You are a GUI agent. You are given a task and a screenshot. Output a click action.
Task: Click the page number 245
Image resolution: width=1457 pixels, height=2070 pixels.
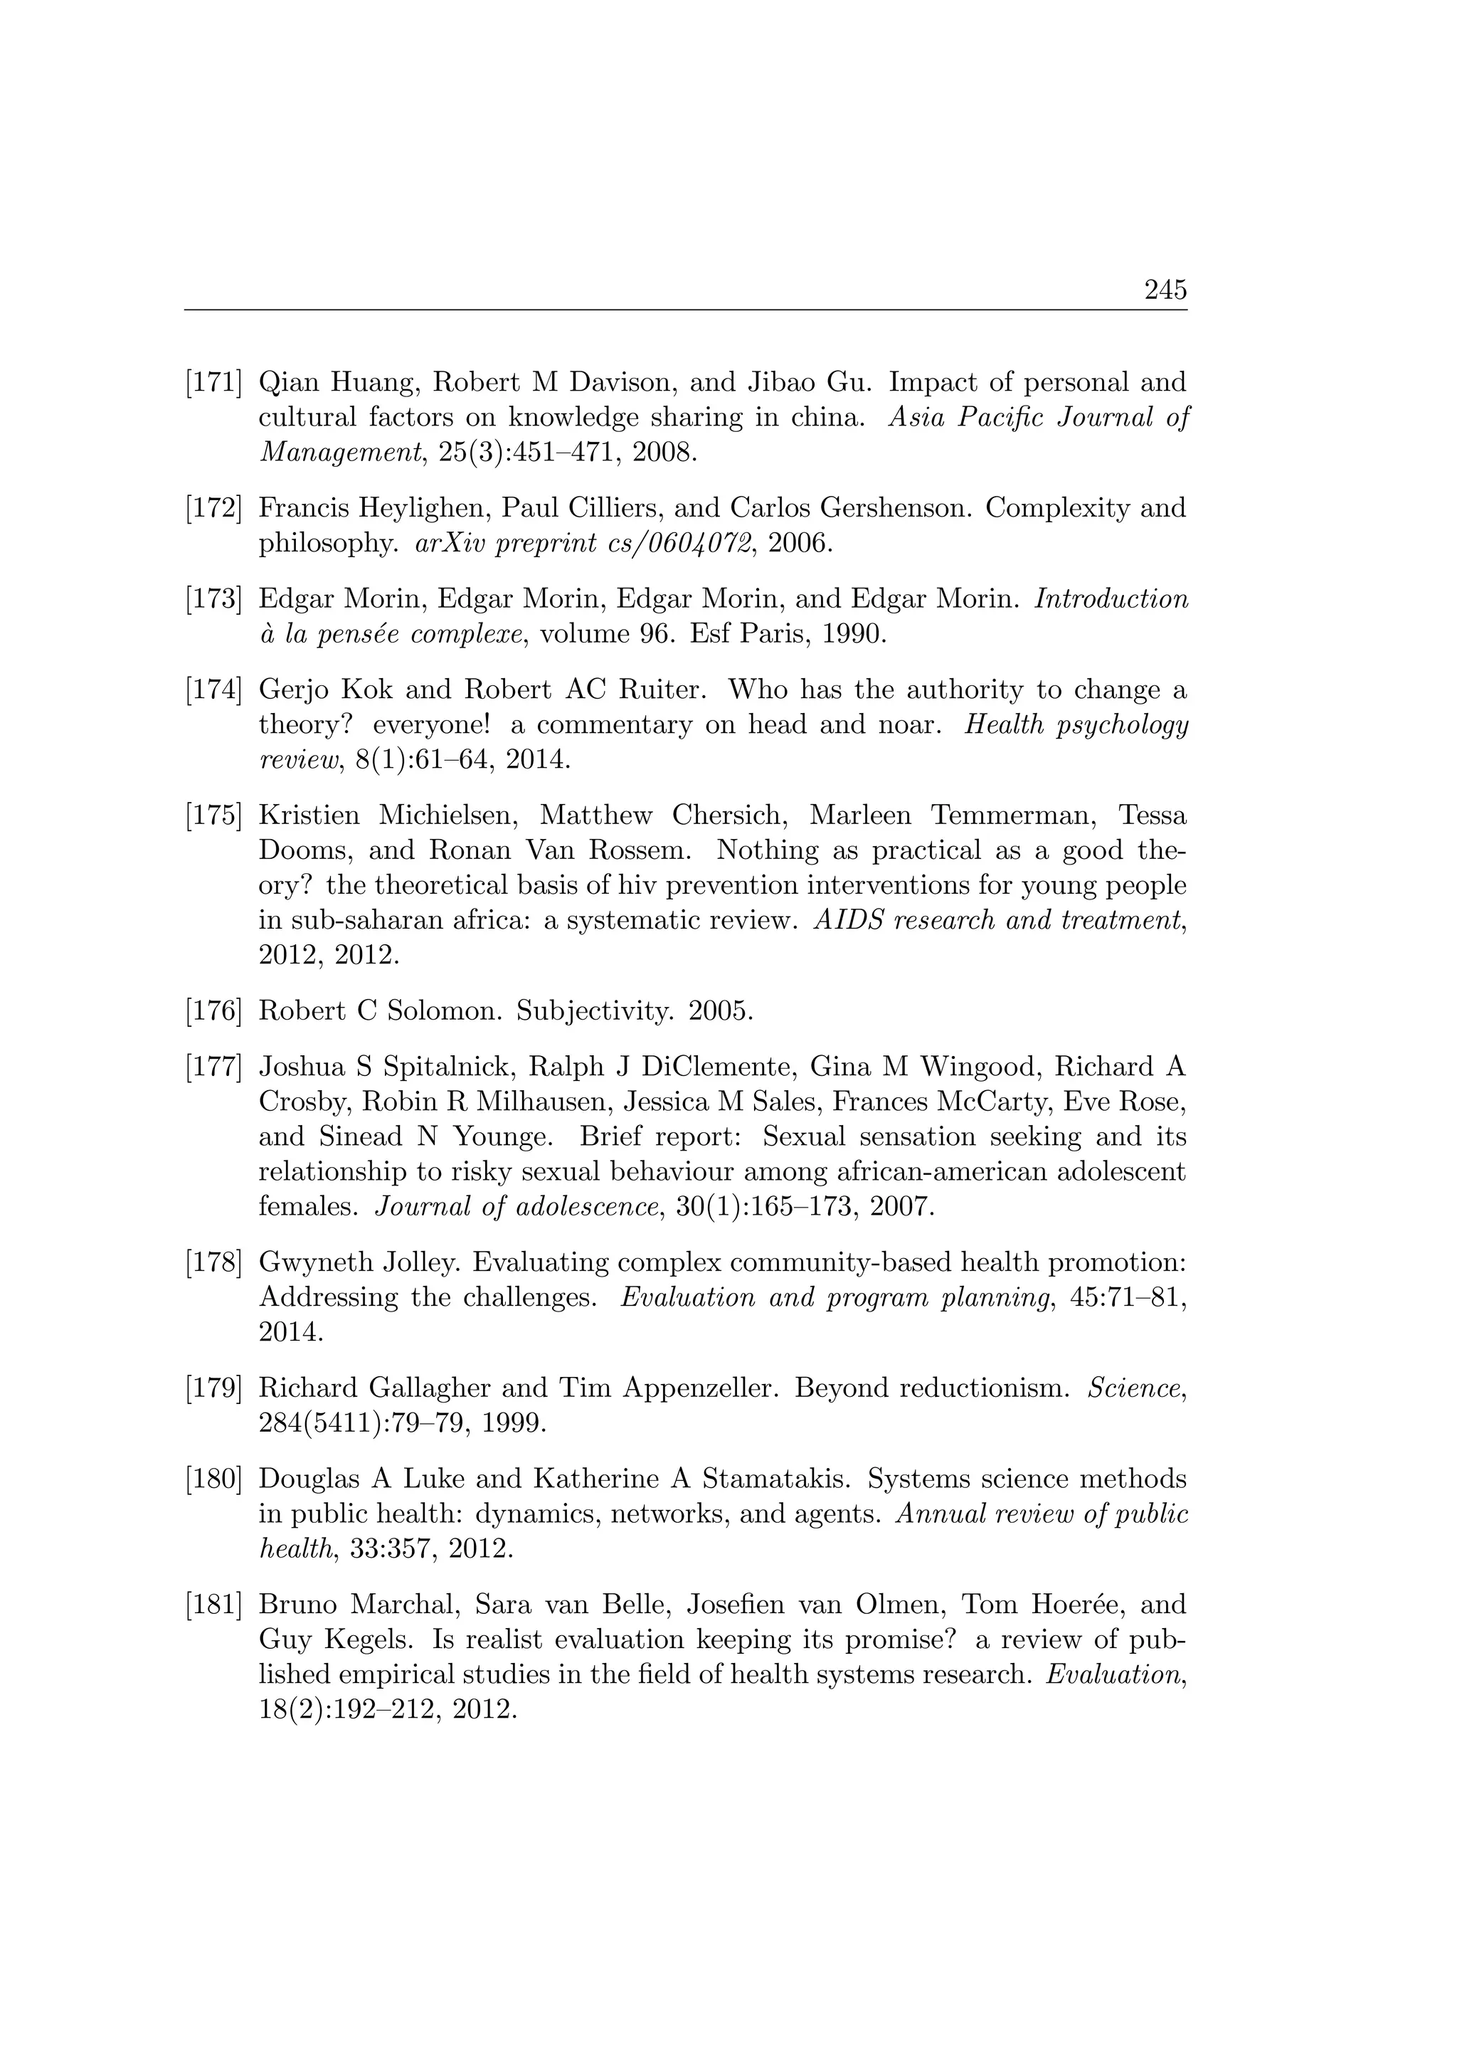point(1165,290)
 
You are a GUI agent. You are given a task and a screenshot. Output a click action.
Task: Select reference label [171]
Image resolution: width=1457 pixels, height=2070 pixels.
point(213,383)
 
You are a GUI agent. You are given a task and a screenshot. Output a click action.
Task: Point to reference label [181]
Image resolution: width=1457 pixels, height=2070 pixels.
point(213,1605)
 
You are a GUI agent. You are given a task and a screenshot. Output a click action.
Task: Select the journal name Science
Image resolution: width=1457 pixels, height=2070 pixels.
point(1136,1388)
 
